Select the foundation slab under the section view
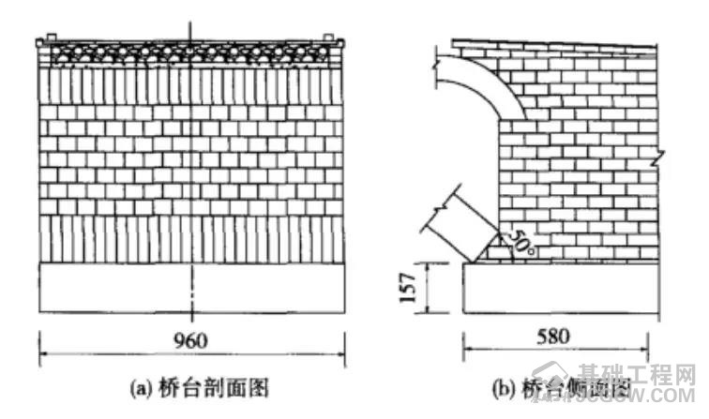click(x=192, y=289)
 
